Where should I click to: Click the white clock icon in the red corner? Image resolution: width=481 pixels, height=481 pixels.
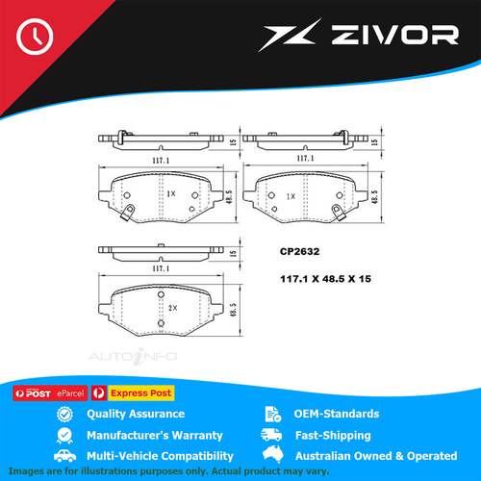click(x=35, y=37)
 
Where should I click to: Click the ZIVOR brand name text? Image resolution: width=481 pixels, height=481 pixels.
click(x=394, y=35)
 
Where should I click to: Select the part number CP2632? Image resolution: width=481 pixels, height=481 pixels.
click(x=299, y=251)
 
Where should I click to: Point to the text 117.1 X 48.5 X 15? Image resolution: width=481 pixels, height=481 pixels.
click(x=325, y=279)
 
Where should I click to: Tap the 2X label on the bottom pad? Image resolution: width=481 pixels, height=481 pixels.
click(x=172, y=308)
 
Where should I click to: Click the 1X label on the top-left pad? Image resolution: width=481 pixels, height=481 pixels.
click(x=171, y=193)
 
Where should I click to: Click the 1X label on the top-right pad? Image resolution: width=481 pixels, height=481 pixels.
click(x=291, y=196)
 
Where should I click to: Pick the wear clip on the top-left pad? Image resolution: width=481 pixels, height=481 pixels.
click(x=127, y=212)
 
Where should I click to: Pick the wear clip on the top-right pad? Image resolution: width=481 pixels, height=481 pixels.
click(x=338, y=213)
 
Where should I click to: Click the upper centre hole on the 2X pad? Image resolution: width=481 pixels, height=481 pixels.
click(x=161, y=294)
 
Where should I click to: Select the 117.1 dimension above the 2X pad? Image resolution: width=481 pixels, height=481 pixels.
click(x=161, y=268)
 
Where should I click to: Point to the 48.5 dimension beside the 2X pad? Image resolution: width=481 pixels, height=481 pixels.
click(x=234, y=310)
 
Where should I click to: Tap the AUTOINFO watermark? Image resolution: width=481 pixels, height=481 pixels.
click(x=133, y=356)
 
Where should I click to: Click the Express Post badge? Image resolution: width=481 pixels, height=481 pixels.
click(x=133, y=392)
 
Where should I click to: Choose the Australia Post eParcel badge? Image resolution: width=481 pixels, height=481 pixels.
click(x=50, y=393)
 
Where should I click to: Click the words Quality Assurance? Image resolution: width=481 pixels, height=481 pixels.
click(x=136, y=414)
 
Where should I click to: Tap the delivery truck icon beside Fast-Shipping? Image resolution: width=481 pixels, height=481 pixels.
click(x=271, y=435)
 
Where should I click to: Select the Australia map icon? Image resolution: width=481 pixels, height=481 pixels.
click(x=273, y=454)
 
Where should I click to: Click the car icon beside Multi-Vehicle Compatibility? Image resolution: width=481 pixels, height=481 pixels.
click(x=64, y=456)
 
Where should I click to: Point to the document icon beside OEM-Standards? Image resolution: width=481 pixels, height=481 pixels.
click(x=273, y=414)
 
